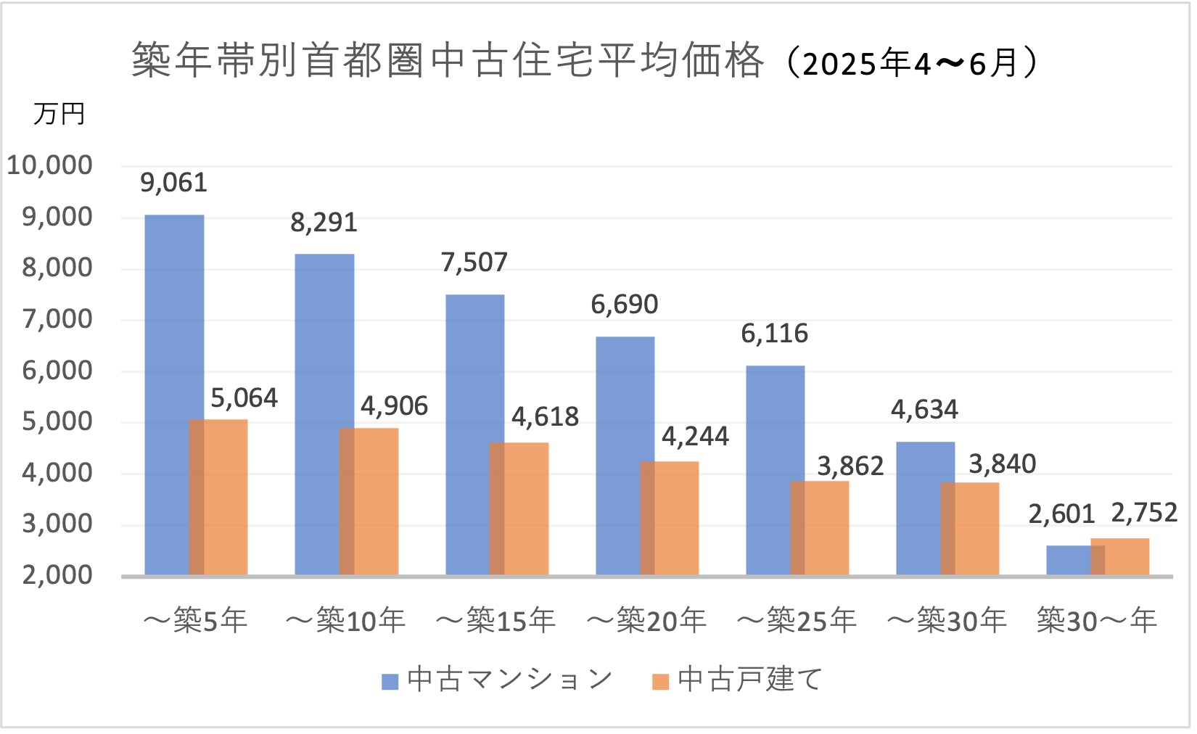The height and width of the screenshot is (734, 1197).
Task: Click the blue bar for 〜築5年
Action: [167, 395]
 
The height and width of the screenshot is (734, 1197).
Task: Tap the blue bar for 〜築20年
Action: [617, 456]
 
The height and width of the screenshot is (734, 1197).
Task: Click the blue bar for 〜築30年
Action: [918, 508]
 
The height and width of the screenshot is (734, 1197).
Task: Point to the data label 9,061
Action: [173, 183]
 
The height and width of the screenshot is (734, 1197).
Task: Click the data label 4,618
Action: [545, 417]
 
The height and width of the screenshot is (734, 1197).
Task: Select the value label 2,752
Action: [1144, 514]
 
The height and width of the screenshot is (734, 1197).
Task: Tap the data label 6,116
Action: [774, 334]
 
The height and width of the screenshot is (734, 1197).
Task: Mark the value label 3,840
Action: [1002, 464]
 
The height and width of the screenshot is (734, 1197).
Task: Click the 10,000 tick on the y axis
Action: [50, 165]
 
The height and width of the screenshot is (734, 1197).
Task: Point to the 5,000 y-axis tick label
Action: [57, 421]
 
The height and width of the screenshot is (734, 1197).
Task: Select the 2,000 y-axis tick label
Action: [57, 575]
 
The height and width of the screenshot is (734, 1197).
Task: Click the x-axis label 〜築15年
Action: [496, 621]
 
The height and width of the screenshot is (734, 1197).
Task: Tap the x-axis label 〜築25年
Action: [797, 621]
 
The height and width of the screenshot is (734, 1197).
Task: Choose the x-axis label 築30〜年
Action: [1096, 621]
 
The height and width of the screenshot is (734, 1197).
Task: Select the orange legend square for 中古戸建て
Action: [660, 681]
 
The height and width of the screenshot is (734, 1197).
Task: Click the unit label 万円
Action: [59, 114]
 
